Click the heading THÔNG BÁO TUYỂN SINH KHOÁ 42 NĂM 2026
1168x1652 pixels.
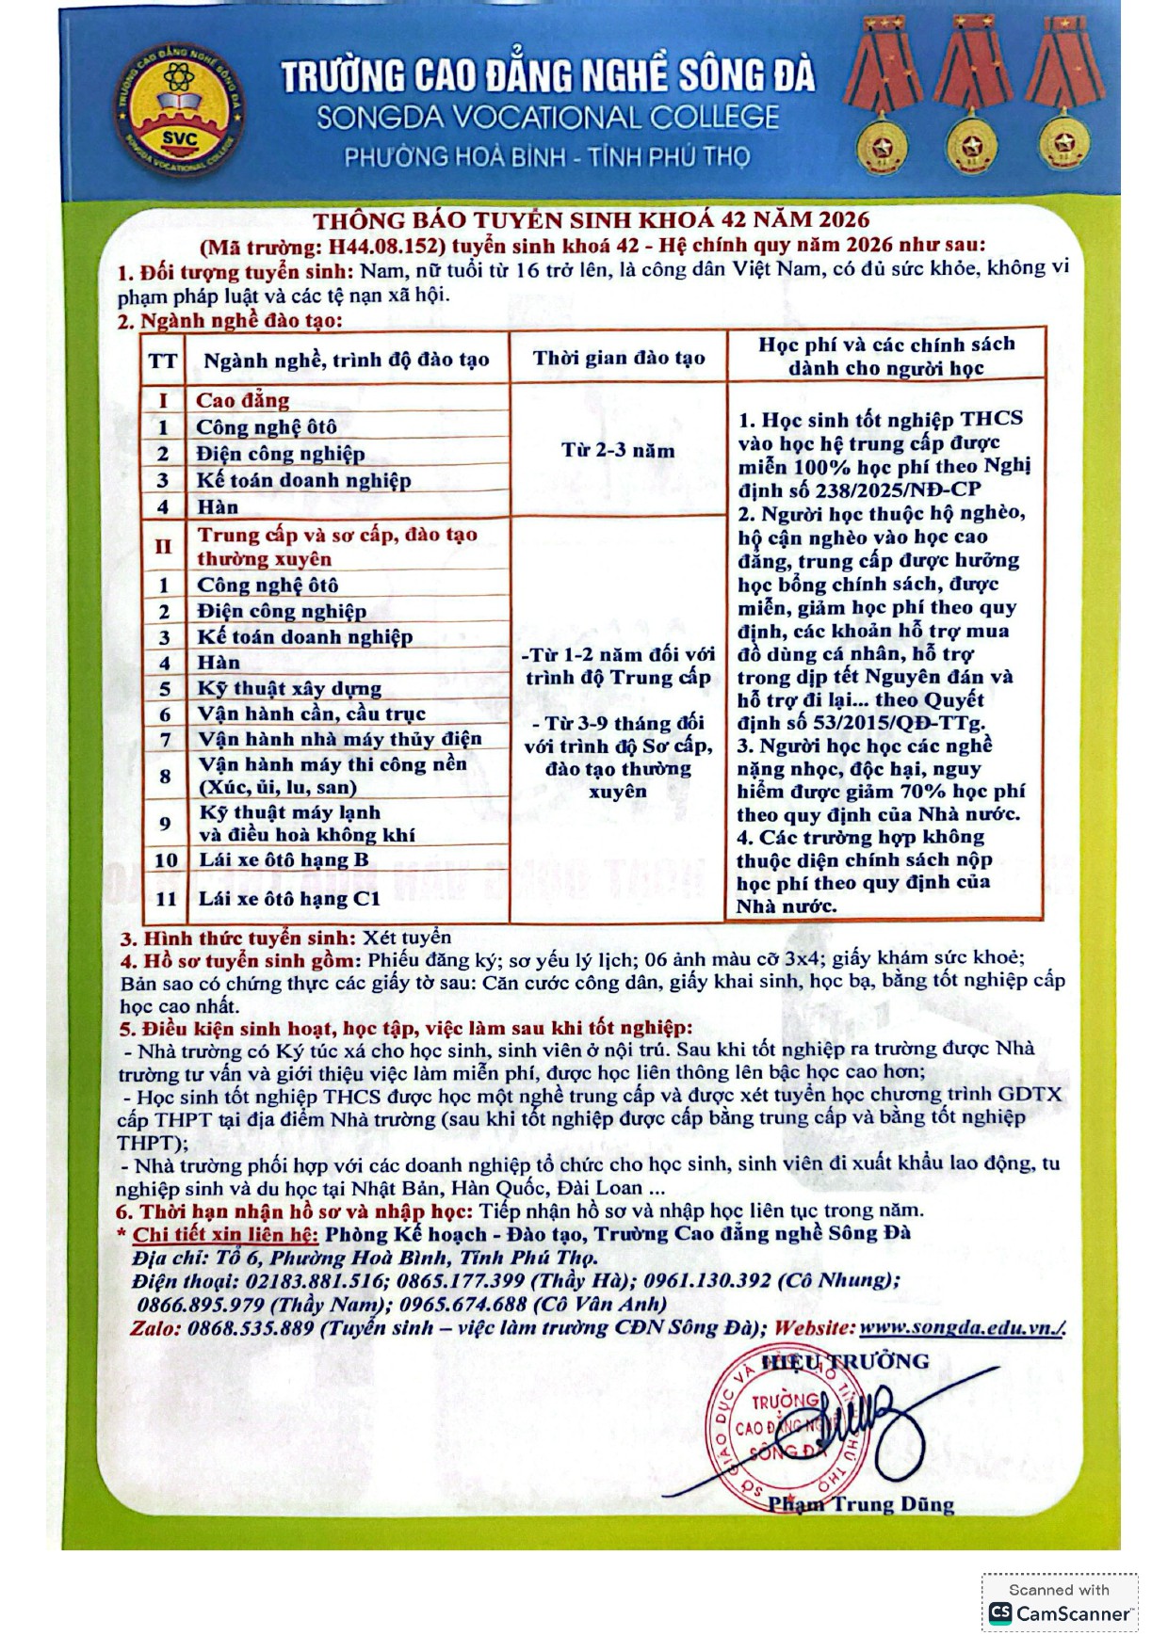[591, 220]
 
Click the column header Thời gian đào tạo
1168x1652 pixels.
[619, 358]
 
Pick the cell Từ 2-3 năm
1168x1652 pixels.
[618, 450]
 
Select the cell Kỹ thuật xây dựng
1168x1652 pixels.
[289, 688]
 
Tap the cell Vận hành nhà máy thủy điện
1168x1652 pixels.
[339, 739]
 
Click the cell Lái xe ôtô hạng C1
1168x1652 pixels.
[289, 898]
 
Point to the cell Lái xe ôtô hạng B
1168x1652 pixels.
[284, 859]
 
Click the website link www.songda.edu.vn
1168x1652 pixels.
[961, 1328]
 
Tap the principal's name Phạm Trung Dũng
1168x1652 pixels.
[860, 1503]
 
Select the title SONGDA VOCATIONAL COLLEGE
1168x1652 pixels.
[547, 118]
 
